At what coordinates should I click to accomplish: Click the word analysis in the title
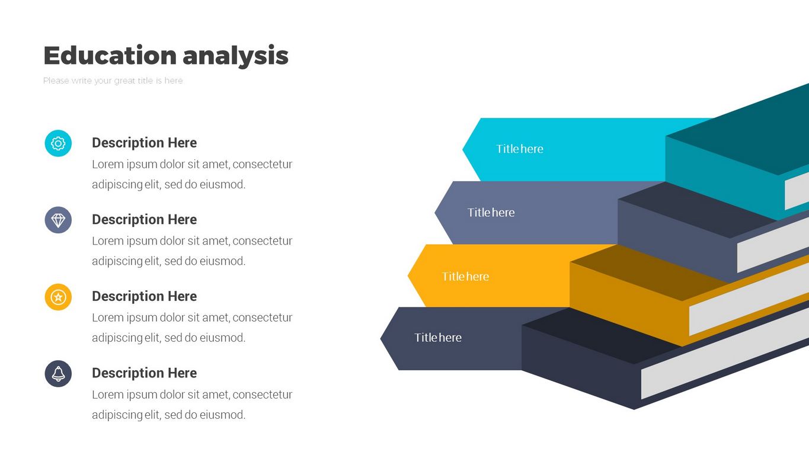click(235, 56)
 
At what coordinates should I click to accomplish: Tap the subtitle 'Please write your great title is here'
click(113, 81)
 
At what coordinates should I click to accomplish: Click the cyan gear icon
click(58, 143)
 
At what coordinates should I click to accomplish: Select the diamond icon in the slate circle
click(58, 220)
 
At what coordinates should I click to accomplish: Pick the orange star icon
click(58, 297)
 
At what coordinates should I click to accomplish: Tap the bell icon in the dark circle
click(58, 374)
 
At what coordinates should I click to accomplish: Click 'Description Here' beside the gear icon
click(144, 143)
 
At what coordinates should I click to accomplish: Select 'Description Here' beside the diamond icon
click(144, 220)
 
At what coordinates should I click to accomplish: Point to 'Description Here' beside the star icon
click(144, 296)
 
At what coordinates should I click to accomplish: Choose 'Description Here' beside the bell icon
click(144, 373)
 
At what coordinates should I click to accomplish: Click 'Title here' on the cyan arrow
click(520, 149)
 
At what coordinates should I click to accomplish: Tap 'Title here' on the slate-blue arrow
click(491, 213)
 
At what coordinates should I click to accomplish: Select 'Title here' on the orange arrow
click(465, 277)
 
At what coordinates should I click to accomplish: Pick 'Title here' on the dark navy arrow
click(437, 338)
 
